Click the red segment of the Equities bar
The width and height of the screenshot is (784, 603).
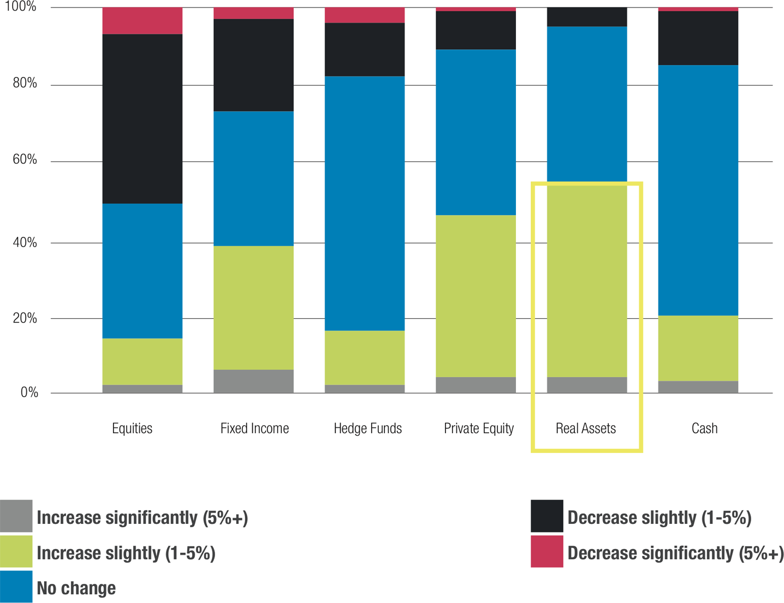pyautogui.click(x=142, y=21)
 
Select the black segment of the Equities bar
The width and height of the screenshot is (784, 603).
pyautogui.click(x=142, y=118)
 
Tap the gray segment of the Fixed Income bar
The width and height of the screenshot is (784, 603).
pyautogui.click(x=253, y=381)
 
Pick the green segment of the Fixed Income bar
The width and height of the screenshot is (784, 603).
pyautogui.click(x=253, y=307)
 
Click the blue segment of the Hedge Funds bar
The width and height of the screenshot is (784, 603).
pyautogui.click(x=365, y=203)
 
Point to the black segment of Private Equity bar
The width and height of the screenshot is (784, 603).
pyautogui.click(x=476, y=30)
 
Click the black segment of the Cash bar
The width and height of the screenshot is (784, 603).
pyautogui.click(x=698, y=38)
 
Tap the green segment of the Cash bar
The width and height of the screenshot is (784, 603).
pyautogui.click(x=698, y=348)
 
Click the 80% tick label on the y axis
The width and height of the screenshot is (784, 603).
pyautogui.click(x=25, y=83)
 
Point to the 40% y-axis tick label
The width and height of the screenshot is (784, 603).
pyautogui.click(x=25, y=242)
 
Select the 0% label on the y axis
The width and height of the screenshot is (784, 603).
pyautogui.click(x=29, y=392)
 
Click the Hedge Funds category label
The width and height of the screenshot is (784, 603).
pyautogui.click(x=367, y=428)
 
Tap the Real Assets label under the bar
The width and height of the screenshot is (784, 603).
pyautogui.click(x=585, y=428)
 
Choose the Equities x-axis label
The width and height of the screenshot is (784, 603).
pyautogui.click(x=132, y=428)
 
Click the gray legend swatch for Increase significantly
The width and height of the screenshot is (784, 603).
pyautogui.click(x=16, y=516)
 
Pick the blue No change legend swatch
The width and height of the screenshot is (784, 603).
pyautogui.click(x=16, y=587)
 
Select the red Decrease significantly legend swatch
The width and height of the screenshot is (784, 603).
pyautogui.click(x=547, y=551)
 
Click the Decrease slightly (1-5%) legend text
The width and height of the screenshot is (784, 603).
pyautogui.click(x=659, y=517)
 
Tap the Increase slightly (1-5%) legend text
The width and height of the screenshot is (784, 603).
pyautogui.click(x=126, y=553)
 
